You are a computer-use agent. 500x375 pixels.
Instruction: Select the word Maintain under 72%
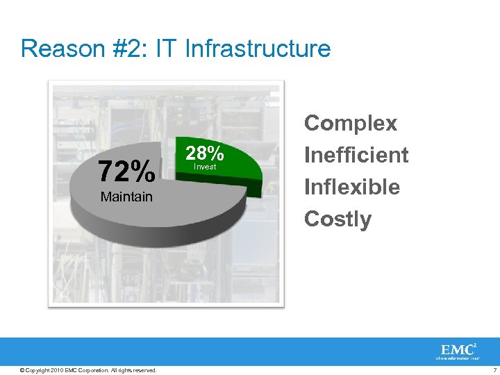(126, 197)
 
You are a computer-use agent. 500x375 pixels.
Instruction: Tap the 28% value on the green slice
(204, 153)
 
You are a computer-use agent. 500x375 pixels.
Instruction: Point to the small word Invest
(205, 167)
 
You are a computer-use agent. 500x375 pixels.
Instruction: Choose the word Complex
(351, 123)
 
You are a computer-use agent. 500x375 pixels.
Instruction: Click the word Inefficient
(356, 155)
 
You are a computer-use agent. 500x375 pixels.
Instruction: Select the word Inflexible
(352, 187)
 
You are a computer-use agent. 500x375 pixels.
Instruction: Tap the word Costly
(338, 219)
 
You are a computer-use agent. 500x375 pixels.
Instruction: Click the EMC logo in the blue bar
(456, 349)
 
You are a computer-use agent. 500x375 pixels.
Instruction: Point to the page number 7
(492, 369)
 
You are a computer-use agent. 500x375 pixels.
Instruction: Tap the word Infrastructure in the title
(255, 49)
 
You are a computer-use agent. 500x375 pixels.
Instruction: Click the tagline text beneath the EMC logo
(458, 358)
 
